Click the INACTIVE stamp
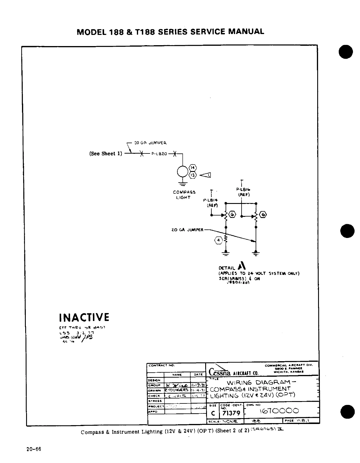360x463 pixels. coord(84,317)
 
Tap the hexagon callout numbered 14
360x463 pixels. coord(193,168)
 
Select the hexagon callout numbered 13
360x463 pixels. coord(193,175)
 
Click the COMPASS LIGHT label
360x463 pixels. coord(184,195)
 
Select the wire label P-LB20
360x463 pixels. coord(159,153)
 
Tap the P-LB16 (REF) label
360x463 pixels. coord(243,192)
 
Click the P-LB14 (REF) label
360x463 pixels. coord(211,203)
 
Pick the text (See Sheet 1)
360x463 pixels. coord(106,154)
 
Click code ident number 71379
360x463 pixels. coord(231,413)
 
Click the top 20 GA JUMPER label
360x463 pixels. coord(150,143)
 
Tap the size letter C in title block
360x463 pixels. coord(213,413)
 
